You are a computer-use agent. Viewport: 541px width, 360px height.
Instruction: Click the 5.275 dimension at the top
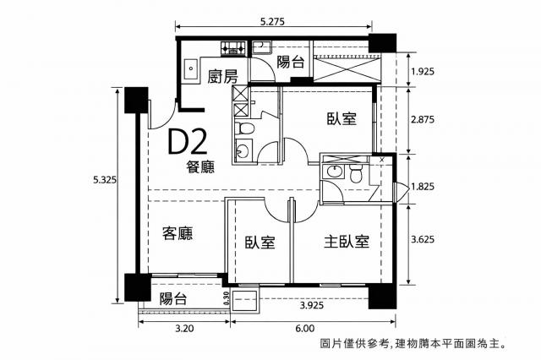[272, 22]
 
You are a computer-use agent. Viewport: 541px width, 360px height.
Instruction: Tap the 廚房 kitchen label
[222, 77]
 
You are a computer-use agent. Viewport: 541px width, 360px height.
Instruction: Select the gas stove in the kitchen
[233, 49]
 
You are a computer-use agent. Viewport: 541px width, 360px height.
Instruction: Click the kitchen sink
[190, 71]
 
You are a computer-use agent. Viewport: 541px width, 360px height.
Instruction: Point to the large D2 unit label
[188, 142]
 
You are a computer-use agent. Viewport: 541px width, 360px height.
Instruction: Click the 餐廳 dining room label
[200, 166]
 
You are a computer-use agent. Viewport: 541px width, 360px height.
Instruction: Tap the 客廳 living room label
[178, 233]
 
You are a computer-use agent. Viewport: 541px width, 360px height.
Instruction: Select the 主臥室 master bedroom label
[347, 242]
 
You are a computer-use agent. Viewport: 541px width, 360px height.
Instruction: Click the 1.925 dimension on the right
[423, 72]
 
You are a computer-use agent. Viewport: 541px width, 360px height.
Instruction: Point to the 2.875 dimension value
[423, 120]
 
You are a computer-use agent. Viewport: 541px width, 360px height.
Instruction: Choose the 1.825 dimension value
[423, 187]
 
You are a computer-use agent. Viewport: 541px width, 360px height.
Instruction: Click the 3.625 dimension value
[423, 239]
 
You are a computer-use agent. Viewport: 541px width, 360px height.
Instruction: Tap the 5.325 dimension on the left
[105, 180]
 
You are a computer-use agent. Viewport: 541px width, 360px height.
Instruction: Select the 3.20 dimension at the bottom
[184, 328]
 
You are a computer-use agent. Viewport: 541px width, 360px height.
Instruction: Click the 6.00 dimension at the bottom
[305, 328]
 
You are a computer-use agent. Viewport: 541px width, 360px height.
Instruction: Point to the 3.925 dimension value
[312, 305]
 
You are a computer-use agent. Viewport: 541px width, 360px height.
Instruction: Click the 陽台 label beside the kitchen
[291, 63]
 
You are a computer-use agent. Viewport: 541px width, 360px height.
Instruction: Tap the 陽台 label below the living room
[173, 298]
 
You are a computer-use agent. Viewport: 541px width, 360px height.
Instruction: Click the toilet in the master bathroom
[355, 173]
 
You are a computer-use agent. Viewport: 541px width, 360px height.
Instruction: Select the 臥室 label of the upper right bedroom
[342, 118]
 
